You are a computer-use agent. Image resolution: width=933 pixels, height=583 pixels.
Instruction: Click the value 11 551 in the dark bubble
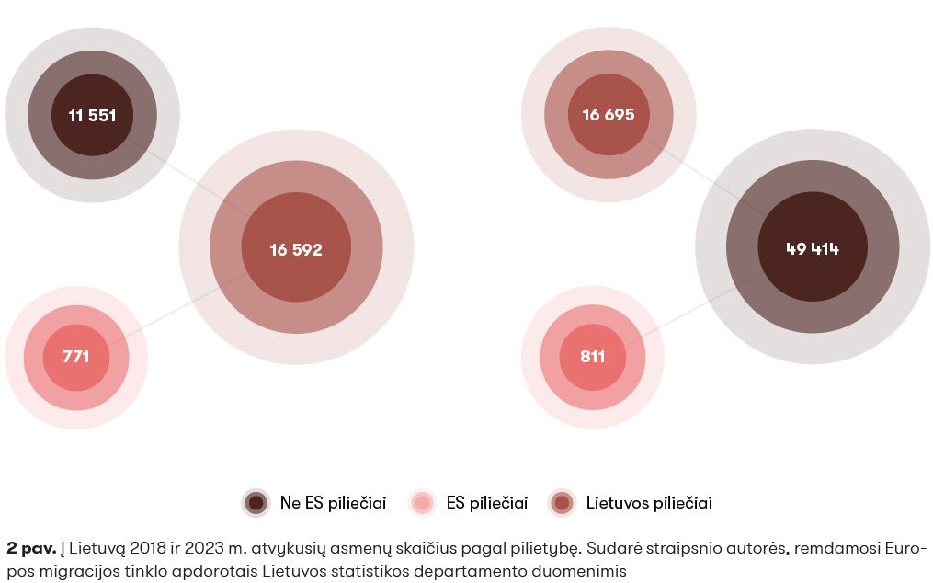(x=92, y=116)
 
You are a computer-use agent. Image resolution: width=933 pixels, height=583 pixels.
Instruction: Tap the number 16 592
(x=296, y=249)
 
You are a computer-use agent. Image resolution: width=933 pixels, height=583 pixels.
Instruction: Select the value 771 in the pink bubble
(x=76, y=357)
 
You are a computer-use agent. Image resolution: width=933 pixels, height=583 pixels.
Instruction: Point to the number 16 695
(x=609, y=115)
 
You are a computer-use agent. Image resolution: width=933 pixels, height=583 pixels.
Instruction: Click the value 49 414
(x=813, y=249)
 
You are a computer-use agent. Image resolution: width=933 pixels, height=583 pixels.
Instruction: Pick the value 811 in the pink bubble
(x=593, y=357)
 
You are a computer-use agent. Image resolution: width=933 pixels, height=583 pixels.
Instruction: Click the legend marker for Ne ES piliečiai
(x=256, y=503)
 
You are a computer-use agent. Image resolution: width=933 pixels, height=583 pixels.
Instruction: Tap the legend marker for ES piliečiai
(x=423, y=503)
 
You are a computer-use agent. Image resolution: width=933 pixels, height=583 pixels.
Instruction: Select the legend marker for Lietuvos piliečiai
(x=563, y=503)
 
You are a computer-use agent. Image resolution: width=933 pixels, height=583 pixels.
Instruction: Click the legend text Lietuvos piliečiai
(x=649, y=503)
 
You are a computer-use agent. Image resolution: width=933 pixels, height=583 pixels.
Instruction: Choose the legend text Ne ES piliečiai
(x=333, y=503)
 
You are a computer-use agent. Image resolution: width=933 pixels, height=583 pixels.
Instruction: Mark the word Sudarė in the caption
(x=613, y=549)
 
